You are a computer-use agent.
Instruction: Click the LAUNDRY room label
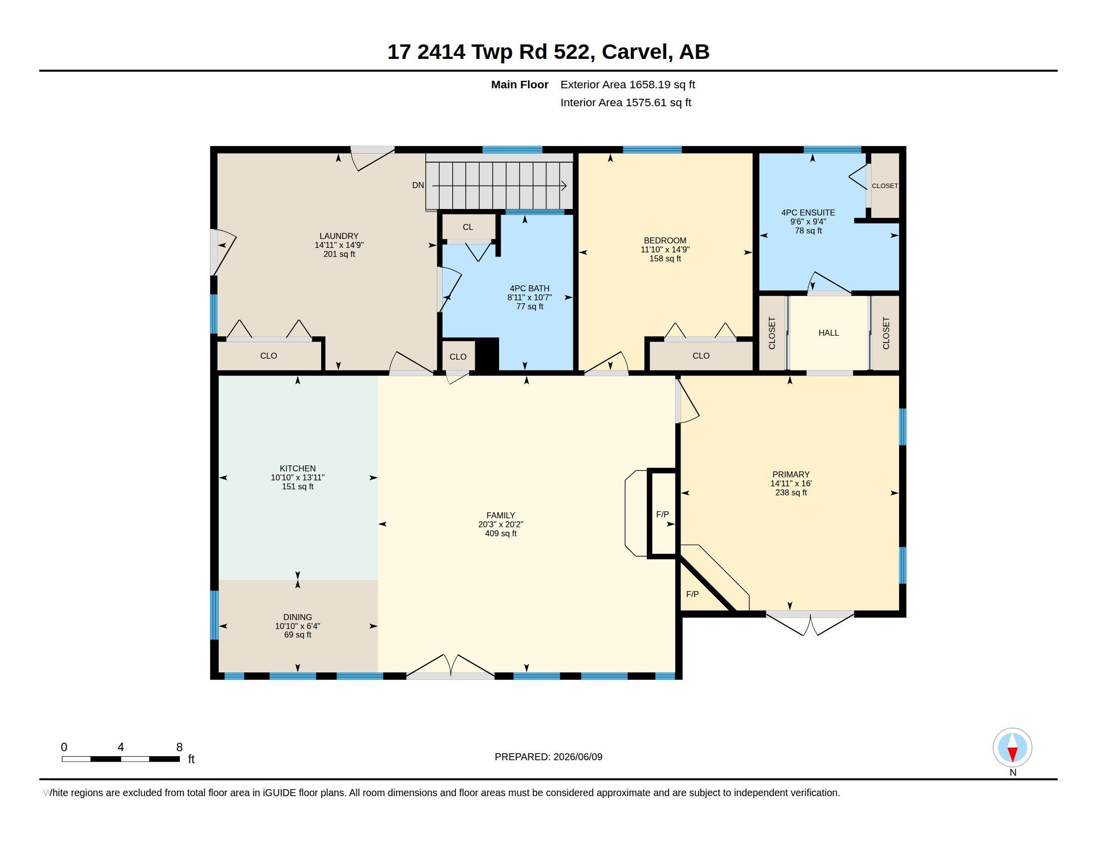[x=339, y=236]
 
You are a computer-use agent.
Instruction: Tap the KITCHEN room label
[x=297, y=468]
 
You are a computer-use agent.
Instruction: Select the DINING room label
[x=297, y=617]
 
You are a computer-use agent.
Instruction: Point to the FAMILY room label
[x=501, y=515]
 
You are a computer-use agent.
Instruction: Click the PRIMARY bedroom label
[x=791, y=475]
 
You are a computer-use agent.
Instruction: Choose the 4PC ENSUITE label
[x=808, y=212]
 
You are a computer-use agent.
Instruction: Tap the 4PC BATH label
[x=530, y=288]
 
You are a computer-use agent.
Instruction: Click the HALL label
[x=829, y=333]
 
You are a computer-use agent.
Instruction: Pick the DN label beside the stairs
[x=418, y=186]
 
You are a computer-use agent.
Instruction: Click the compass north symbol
[x=1012, y=748]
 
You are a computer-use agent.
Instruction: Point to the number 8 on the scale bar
[x=180, y=747]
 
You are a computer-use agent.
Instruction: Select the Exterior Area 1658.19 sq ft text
[x=628, y=84]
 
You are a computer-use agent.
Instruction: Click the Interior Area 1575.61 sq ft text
[x=626, y=102]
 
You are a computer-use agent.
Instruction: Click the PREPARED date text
[x=548, y=757]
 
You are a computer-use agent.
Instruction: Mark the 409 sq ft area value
[x=501, y=534]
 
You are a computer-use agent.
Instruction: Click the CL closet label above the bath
[x=468, y=227]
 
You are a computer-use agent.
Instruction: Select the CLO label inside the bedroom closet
[x=701, y=356]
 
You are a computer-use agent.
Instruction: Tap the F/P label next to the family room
[x=663, y=514]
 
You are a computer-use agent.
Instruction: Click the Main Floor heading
[x=520, y=84]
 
